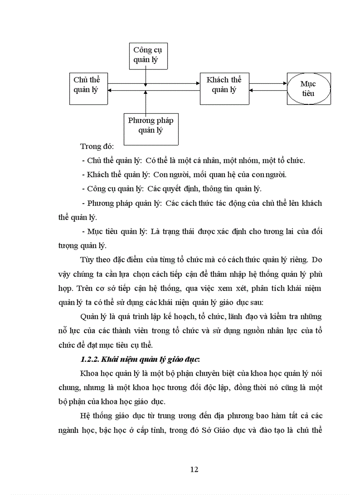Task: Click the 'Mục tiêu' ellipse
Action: [x=308, y=89]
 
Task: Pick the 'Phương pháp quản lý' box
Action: [x=151, y=126]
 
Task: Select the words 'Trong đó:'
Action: [x=97, y=146]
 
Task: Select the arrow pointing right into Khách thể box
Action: [x=176, y=83]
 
